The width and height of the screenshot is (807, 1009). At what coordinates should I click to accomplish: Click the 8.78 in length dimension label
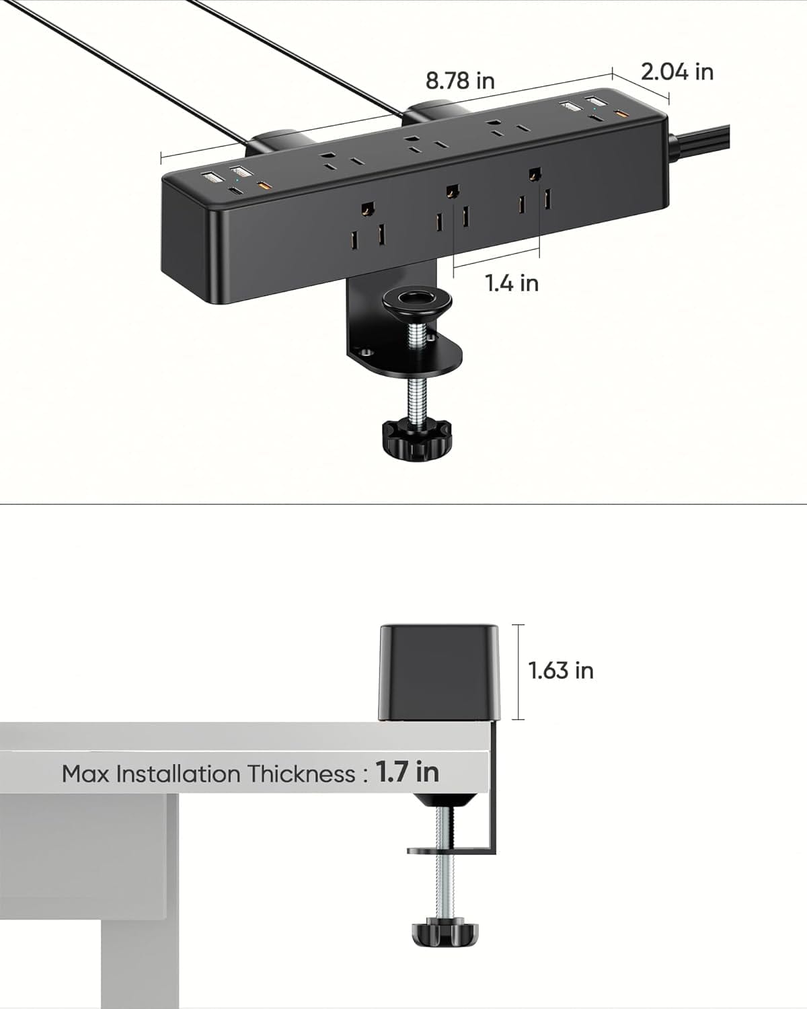tap(460, 81)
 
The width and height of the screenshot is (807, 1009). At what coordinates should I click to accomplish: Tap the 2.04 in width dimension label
tap(677, 71)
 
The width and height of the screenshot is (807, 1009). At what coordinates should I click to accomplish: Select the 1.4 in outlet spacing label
tap(512, 283)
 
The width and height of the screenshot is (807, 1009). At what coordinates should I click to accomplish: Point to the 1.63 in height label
tap(561, 671)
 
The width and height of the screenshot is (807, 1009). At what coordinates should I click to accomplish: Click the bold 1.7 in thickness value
tap(407, 772)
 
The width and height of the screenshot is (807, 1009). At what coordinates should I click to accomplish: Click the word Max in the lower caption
tap(87, 774)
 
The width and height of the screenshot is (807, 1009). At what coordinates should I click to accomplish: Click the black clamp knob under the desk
tap(445, 933)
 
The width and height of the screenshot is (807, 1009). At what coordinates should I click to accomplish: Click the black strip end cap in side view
tap(440, 673)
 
